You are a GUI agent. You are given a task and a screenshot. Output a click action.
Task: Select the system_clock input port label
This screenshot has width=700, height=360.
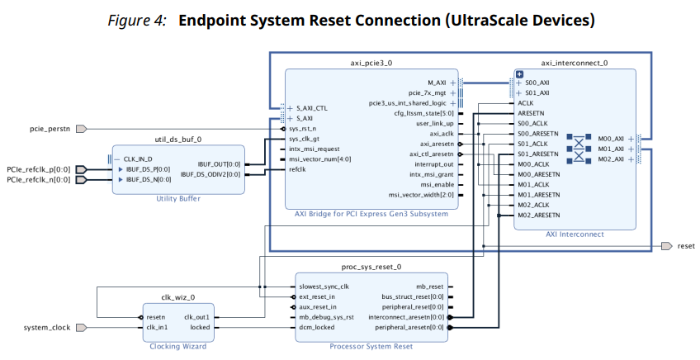pos(47,328)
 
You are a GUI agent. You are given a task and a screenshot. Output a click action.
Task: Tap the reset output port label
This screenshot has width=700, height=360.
pos(686,246)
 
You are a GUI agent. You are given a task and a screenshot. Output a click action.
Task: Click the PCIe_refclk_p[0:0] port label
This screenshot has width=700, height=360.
pos(39,169)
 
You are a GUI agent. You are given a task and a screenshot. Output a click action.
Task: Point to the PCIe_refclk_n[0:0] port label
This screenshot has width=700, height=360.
pos(39,179)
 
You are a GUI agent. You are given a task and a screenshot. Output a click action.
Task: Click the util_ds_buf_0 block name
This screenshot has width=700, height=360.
pos(178,140)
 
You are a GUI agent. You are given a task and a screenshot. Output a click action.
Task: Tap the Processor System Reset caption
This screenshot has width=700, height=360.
pos(371,346)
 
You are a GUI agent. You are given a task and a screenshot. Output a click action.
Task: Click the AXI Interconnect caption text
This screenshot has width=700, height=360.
pos(575,234)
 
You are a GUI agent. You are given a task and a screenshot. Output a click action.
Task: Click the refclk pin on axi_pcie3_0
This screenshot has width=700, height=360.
pos(298,169)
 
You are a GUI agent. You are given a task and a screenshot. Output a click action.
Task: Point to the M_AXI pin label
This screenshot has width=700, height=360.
pos(437,83)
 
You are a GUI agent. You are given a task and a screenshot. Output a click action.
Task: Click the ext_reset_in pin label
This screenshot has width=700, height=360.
pos(317,296)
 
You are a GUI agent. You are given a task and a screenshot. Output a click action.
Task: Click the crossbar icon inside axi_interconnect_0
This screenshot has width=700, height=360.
pos(579,149)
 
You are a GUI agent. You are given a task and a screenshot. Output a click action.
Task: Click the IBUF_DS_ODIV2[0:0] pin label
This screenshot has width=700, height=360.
pos(211,174)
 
